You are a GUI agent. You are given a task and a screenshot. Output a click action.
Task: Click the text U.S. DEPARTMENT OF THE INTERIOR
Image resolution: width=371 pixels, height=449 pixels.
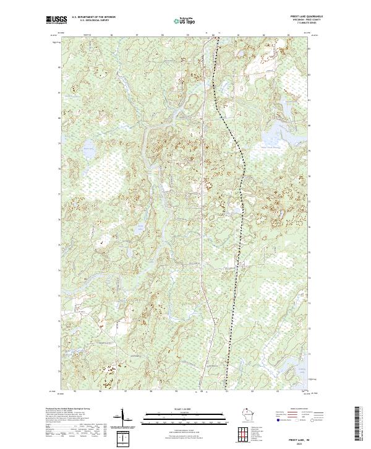pyautogui.click(x=93, y=17)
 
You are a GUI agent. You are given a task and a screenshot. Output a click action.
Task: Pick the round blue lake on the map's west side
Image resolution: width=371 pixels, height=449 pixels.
pyautogui.click(x=87, y=149)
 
